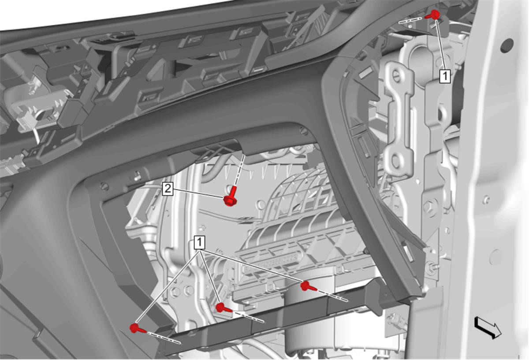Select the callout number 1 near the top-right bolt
point(445,76)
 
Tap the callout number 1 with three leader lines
point(199,242)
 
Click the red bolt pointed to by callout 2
point(231,197)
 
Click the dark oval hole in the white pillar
point(507,46)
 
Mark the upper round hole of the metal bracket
point(397,77)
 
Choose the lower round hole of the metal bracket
point(396,160)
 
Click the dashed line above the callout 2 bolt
point(239,170)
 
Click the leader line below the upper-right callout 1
point(440,45)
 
